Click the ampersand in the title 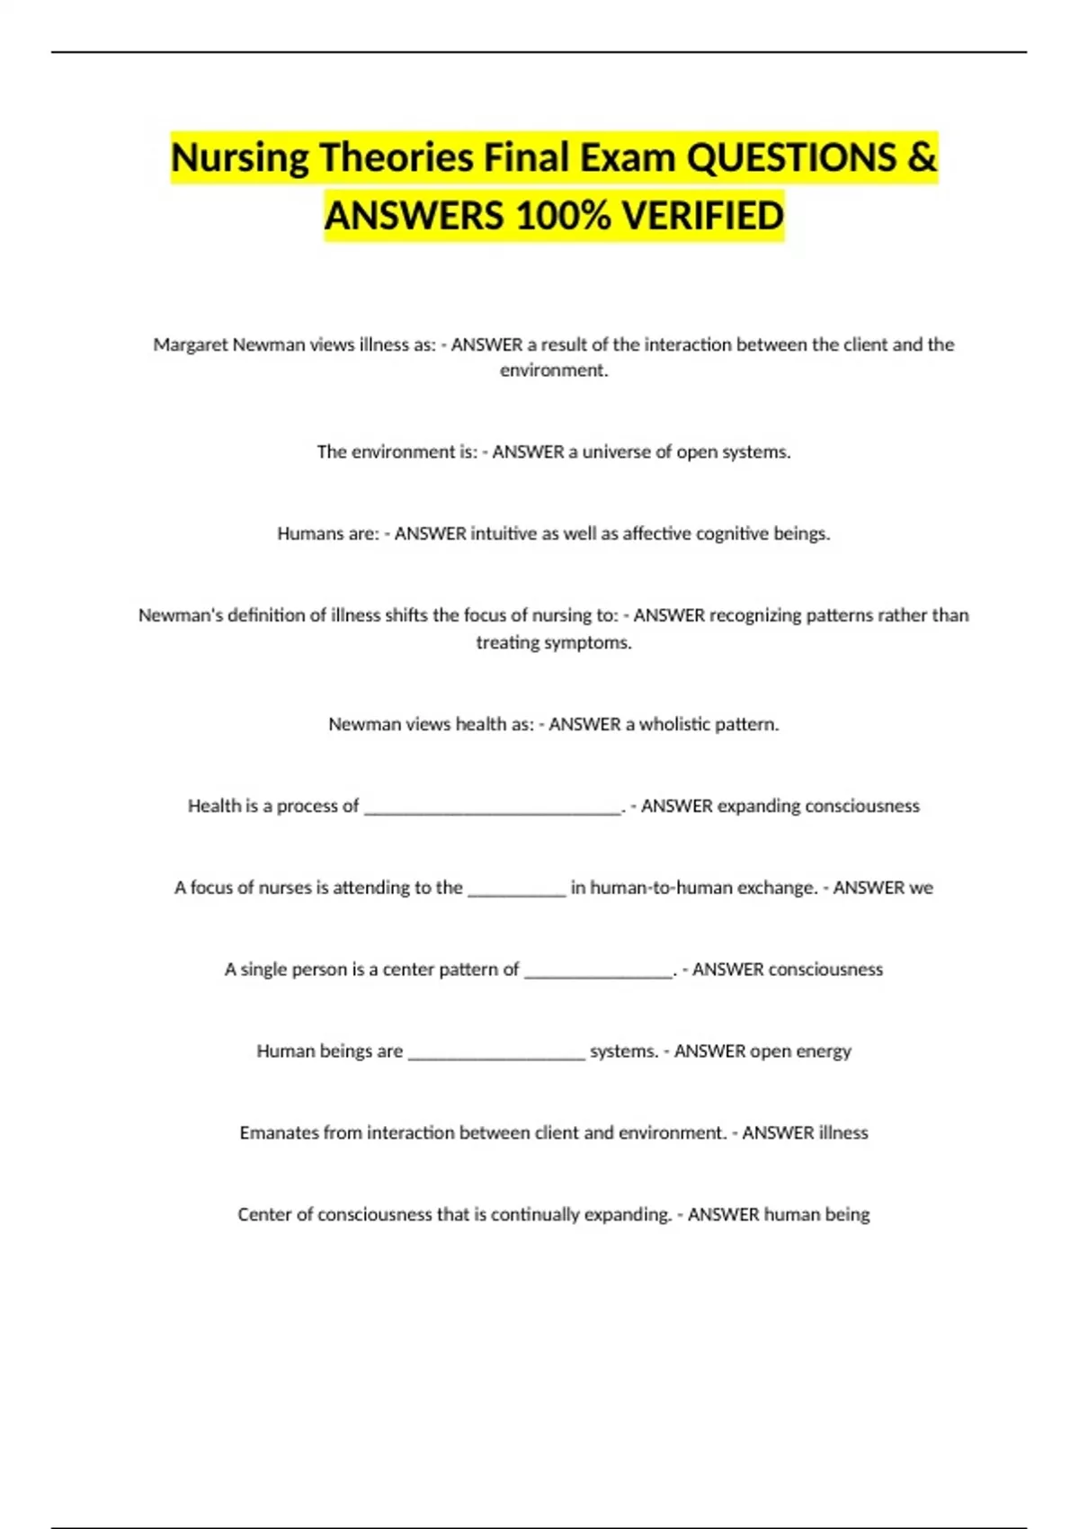922,158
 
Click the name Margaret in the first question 190,344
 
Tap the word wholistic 673,724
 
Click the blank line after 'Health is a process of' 493,808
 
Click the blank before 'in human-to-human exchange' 517,890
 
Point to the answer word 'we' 921,888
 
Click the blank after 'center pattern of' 599,971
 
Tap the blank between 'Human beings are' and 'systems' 496,1053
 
